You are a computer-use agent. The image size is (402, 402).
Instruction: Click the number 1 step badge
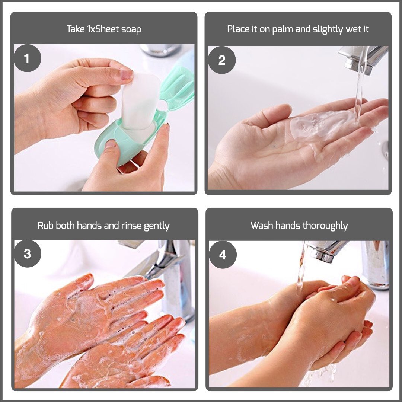click(27, 58)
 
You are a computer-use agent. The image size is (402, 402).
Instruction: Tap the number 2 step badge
click(222, 60)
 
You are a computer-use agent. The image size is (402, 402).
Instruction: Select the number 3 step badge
click(28, 253)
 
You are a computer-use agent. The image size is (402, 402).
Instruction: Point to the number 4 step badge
click(223, 255)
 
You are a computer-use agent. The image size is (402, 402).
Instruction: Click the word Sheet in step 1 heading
click(107, 29)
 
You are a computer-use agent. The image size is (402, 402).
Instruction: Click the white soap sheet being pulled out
click(140, 101)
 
